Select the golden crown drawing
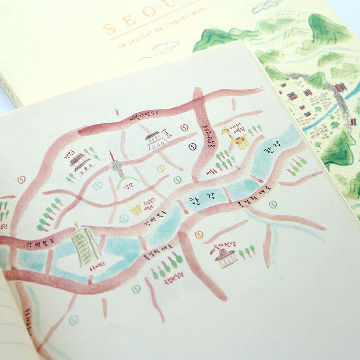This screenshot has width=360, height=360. point(135,208)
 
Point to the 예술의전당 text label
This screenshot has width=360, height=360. point(219,246)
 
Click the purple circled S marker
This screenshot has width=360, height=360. point(193,146)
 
